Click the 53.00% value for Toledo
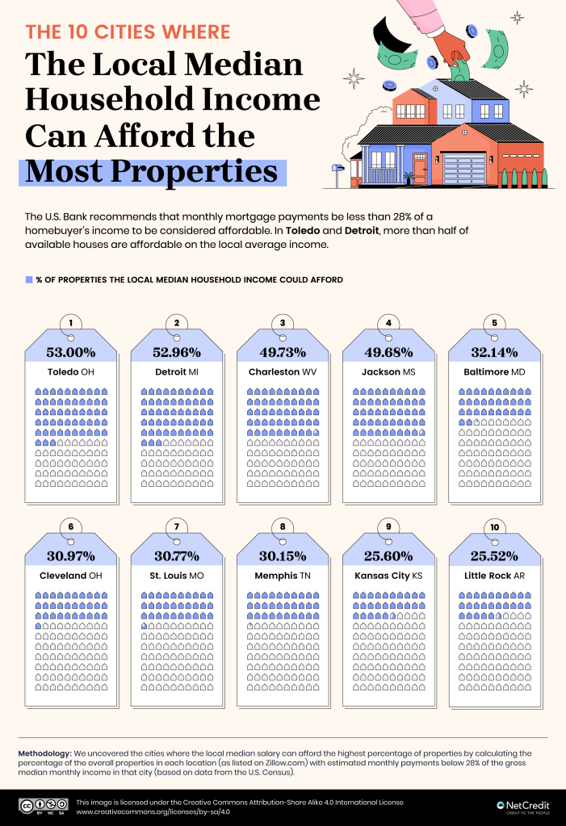70,352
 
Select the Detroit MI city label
176,372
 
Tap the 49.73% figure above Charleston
283,352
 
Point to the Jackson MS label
388,372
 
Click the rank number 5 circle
495,324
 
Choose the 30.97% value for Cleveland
70,556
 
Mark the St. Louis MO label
176,576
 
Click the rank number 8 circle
283,527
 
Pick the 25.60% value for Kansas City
388,556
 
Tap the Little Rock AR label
494,576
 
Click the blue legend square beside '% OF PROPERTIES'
29,279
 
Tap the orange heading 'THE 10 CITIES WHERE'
128,32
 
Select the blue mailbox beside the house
337,168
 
